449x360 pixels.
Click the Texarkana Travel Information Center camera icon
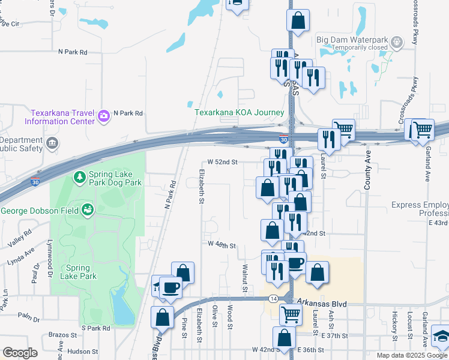104,115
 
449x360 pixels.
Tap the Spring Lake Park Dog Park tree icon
79,177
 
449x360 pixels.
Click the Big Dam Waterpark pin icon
396,43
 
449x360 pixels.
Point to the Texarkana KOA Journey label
239,112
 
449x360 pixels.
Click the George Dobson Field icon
88,210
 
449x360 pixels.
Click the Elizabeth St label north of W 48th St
200,185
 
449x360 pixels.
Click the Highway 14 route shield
274,298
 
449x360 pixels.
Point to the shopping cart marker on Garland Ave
423,129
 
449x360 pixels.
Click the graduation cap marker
441,337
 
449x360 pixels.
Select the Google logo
19,353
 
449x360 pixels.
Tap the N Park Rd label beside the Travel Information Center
128,113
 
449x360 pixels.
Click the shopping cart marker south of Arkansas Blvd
291,313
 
